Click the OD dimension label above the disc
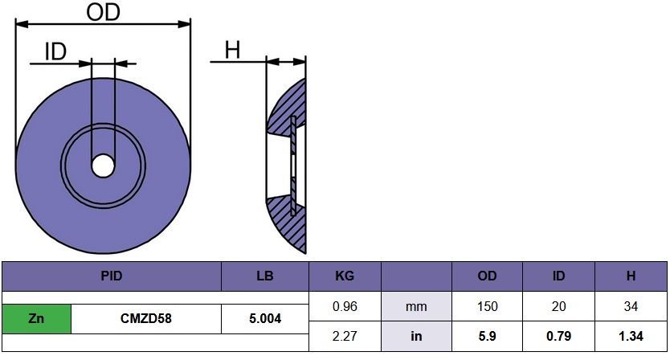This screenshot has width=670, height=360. (103, 12)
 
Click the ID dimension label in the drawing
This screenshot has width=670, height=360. (56, 52)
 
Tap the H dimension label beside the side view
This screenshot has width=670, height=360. (232, 50)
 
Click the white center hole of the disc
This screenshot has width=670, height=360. (103, 166)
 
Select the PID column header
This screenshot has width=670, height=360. (112, 276)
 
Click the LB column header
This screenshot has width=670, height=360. (265, 276)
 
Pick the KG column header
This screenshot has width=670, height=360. (345, 276)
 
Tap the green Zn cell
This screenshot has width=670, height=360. (36, 318)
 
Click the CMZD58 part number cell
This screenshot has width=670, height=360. (146, 318)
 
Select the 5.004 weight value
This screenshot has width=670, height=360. (265, 318)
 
